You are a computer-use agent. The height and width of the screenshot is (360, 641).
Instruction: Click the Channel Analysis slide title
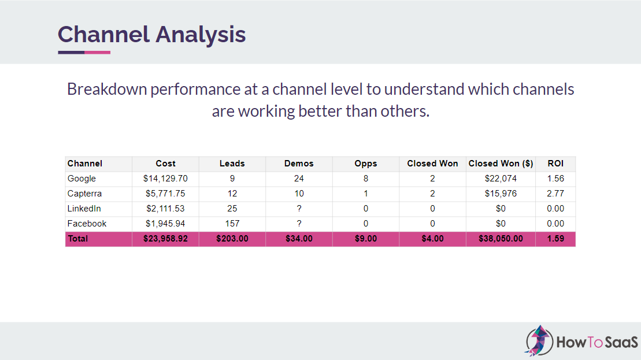151,35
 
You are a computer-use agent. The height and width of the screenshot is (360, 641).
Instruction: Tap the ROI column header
555,164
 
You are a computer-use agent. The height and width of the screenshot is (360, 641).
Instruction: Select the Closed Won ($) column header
501,164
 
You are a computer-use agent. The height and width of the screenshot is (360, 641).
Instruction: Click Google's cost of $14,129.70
165,179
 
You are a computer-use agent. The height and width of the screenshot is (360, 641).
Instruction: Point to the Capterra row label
84,194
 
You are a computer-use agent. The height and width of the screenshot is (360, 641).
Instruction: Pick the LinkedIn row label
84,209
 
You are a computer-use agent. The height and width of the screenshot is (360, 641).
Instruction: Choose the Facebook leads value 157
232,224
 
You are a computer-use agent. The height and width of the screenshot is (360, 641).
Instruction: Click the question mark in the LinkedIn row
299,209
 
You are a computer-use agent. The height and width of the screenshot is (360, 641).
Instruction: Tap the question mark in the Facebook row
299,224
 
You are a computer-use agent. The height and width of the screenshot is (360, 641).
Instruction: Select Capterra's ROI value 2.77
555,194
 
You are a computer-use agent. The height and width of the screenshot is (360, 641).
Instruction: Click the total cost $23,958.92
165,239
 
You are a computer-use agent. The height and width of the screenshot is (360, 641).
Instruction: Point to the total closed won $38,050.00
501,239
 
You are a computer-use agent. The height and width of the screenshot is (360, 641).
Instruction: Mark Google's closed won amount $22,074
501,179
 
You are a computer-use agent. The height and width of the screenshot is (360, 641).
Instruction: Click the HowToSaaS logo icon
539,340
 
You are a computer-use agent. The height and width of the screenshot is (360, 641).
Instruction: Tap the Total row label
77,239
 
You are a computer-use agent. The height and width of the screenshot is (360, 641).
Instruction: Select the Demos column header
299,164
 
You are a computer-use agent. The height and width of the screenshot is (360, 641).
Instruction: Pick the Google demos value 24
299,179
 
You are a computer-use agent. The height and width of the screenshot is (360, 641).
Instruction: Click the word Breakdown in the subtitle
107,90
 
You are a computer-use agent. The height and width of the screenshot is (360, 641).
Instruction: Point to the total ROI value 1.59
555,239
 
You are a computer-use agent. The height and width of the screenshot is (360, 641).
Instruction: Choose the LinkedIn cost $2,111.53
165,209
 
